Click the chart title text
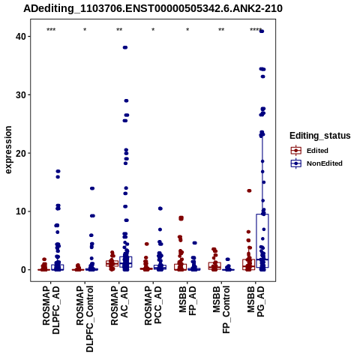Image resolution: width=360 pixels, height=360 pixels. (x=153, y=8)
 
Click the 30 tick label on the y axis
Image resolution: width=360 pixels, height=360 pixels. (x=20, y=95)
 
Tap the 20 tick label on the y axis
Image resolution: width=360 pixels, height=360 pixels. (x=20, y=153)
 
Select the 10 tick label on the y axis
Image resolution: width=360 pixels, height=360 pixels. (x=20, y=211)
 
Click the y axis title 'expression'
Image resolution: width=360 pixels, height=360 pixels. (x=8, y=150)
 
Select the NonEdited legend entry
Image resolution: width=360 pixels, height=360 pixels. (x=316, y=163)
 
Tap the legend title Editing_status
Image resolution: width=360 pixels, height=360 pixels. (x=320, y=136)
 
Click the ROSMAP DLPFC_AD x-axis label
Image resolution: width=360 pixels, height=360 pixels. (x=51, y=310)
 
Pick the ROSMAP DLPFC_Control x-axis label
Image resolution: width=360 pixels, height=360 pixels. (x=85, y=319)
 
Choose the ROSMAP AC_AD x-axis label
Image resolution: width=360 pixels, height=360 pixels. (x=119, y=305)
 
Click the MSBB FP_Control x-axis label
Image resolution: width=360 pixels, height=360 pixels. (x=221, y=310)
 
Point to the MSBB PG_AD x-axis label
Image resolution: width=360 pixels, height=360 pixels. (x=256, y=301)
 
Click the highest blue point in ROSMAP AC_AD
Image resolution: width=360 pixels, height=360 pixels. (x=125, y=47)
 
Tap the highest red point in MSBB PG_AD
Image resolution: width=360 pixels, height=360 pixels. (x=249, y=190)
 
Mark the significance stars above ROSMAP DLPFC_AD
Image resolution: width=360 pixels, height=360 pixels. (x=51, y=30)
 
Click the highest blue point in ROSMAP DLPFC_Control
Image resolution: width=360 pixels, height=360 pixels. (x=92, y=188)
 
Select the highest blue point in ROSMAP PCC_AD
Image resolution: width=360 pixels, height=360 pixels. (x=160, y=208)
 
